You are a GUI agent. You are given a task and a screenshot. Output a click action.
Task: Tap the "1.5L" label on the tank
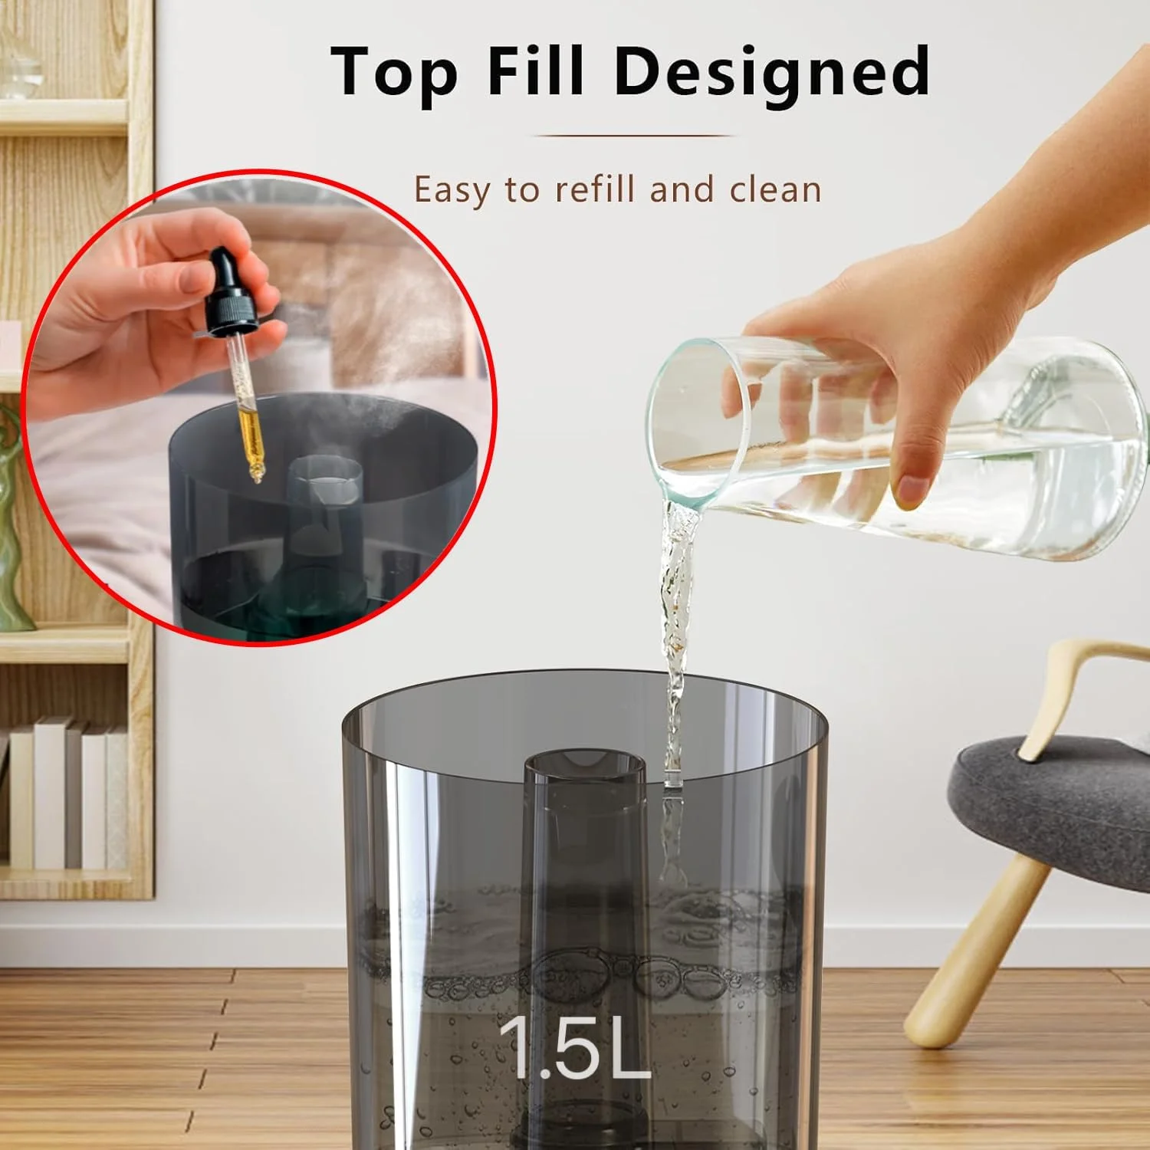[574, 1046]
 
